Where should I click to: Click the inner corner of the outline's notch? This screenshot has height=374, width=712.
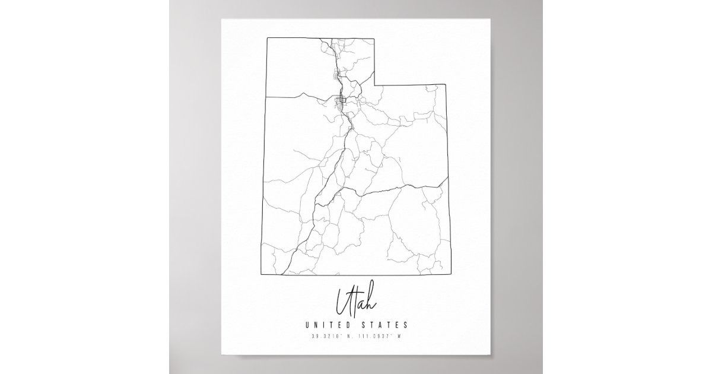click(375, 83)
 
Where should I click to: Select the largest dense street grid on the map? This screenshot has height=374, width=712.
click(342, 102)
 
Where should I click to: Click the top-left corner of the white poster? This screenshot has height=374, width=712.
click(222, 18)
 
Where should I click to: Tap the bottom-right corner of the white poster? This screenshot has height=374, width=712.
click(491, 356)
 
